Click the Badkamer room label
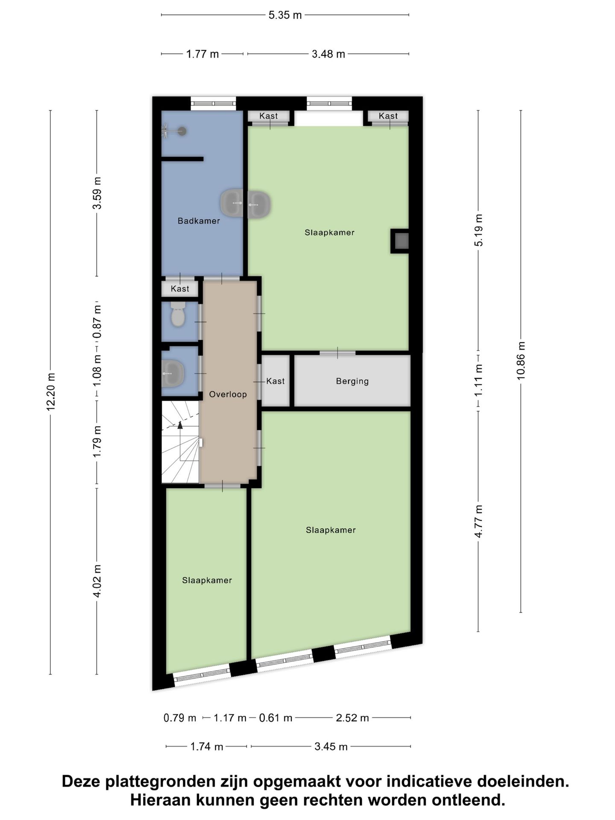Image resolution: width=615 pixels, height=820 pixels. point(199,221)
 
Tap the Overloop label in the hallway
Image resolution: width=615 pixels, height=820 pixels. point(228,394)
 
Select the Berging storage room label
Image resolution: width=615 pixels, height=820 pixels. point(352,381)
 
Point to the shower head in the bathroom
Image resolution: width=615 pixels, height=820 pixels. point(182,131)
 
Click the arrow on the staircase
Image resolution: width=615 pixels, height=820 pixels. point(180,425)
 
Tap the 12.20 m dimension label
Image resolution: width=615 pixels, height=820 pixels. point(51,392)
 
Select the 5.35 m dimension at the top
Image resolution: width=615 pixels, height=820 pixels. point(285,15)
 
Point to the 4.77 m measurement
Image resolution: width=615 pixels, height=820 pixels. point(478,521)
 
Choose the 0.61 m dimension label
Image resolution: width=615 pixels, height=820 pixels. point(275,718)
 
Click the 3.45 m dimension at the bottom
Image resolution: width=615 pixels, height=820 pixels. point(331,747)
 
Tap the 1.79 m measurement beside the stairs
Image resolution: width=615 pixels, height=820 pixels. point(97,441)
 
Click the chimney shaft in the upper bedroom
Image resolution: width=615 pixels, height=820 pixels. point(401,241)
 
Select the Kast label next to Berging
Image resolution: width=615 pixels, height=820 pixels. point(275,381)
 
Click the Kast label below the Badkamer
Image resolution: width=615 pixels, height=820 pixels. point(180,289)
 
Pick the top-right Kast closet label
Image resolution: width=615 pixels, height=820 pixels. point(388,116)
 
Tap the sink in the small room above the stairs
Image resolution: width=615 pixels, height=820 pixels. point(173,373)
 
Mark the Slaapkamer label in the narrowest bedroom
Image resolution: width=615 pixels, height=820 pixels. point(207,580)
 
